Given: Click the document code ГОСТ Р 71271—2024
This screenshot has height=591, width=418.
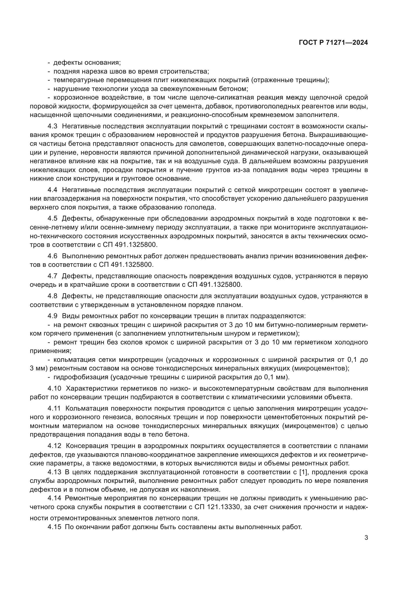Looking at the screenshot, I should click(x=333, y=43).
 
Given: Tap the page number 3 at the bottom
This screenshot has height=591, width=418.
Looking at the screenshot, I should click(x=366, y=538).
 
